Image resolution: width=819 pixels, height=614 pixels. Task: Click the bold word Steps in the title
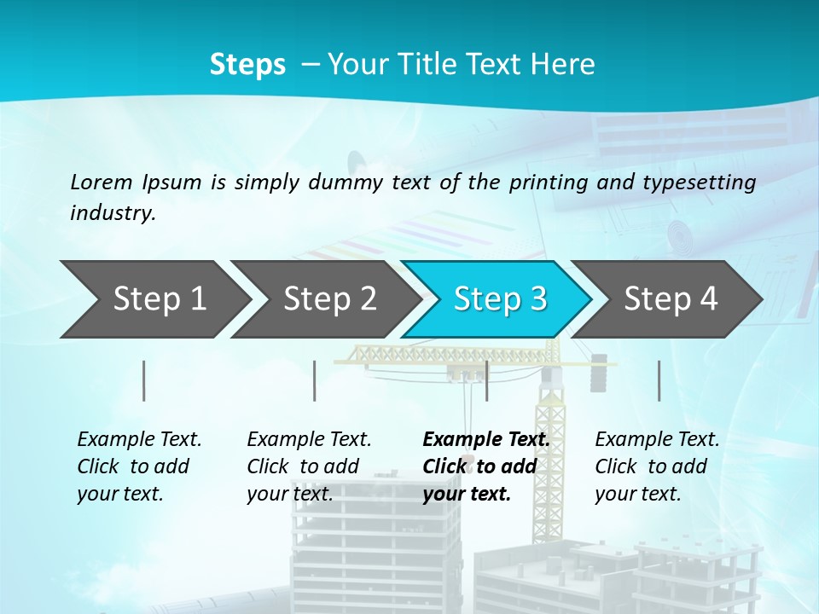pos(247,65)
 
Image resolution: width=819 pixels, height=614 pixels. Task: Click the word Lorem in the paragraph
pos(102,182)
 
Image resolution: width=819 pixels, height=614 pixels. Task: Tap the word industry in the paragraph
pos(113,213)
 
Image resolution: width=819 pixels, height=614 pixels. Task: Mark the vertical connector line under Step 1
pos(144,380)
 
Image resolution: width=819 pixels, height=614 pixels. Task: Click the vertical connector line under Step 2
pos(315,380)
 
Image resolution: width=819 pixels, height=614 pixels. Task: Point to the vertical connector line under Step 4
pos(659,380)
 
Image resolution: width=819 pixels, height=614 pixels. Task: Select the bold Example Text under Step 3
pos(486,440)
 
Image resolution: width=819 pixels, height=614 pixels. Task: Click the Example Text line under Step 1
pos(139,440)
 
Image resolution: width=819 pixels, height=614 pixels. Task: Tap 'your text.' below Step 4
pos(637,494)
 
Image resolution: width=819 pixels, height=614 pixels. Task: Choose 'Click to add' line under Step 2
pos(303,467)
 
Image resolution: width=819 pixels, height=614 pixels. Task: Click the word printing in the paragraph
pos(549,182)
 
